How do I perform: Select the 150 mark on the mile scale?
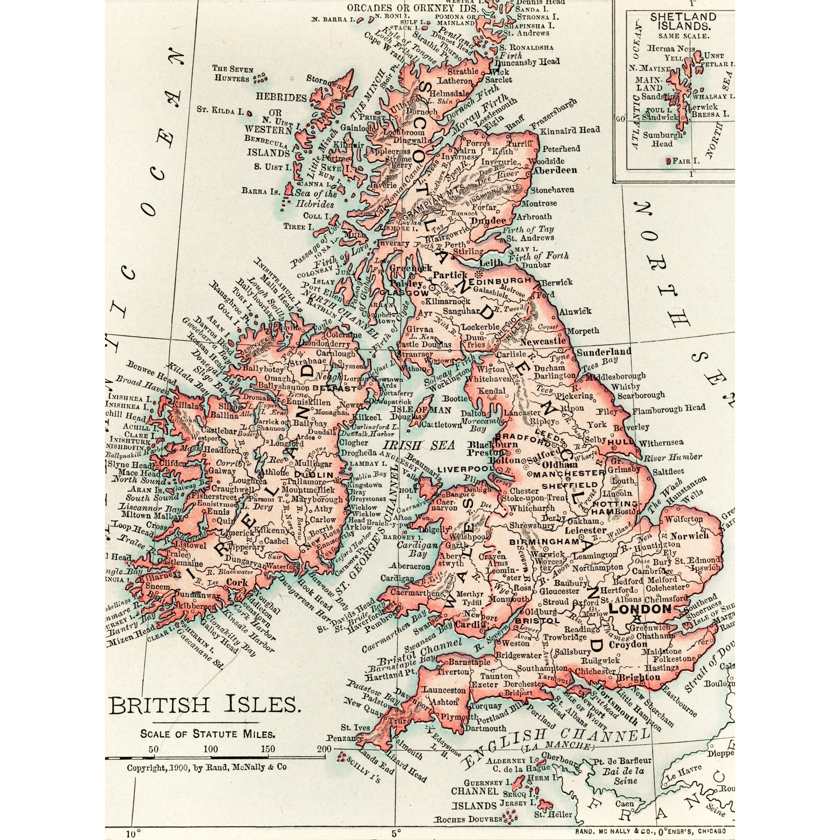268,749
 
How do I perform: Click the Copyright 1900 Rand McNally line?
207,767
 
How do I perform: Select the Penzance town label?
344,738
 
